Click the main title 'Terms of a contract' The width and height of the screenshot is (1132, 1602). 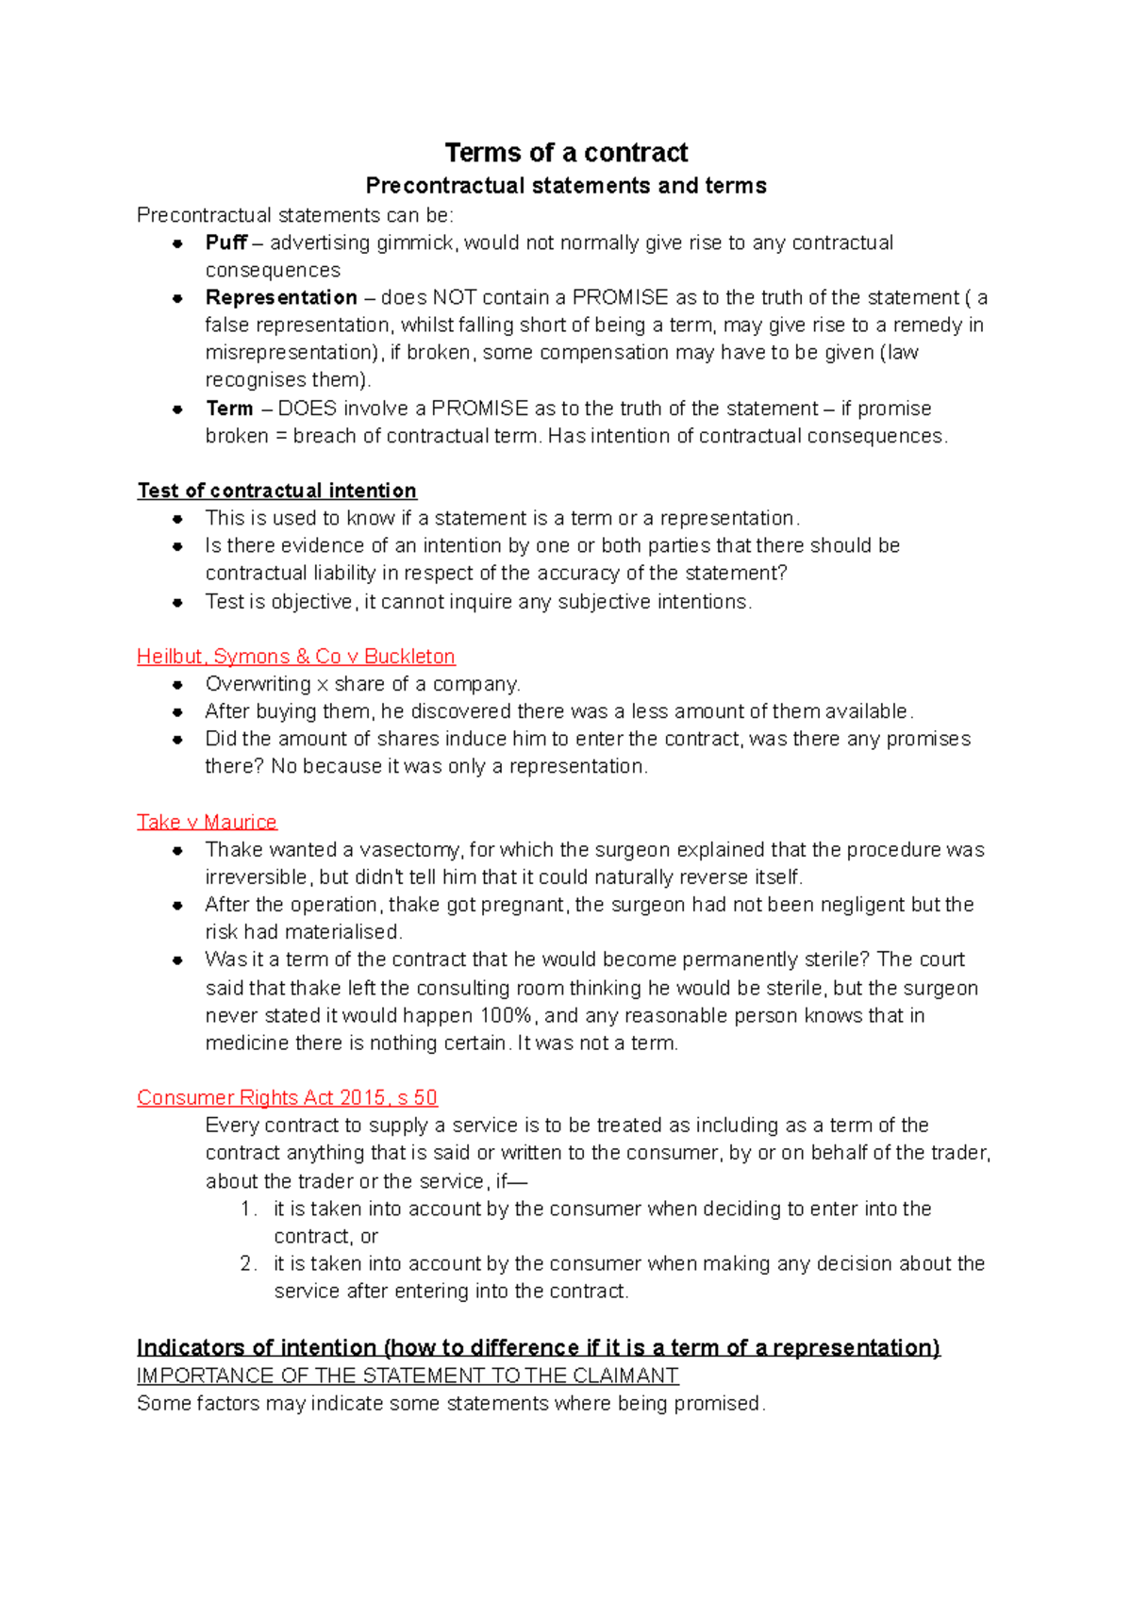[566, 153]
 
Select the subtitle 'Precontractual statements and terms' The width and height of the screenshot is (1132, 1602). [566, 186]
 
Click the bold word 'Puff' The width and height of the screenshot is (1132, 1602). [226, 243]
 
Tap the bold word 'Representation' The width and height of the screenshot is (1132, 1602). [281, 298]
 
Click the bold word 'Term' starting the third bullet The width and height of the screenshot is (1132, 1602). [229, 409]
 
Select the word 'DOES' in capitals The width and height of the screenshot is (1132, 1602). [307, 409]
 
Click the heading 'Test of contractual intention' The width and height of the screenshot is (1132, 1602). [276, 491]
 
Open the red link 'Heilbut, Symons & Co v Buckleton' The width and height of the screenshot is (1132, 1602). [295, 657]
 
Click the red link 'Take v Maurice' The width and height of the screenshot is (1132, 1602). [207, 822]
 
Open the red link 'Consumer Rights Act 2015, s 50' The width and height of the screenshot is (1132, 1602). [287, 1098]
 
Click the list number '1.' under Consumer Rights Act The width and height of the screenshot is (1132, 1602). [248, 1210]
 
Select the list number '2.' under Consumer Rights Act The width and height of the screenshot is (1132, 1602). [248, 1264]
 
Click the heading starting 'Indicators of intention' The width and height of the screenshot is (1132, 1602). [538, 1347]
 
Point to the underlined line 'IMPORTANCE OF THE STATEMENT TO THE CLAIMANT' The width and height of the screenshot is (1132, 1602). [408, 1376]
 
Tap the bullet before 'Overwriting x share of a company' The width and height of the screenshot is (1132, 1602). [177, 685]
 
